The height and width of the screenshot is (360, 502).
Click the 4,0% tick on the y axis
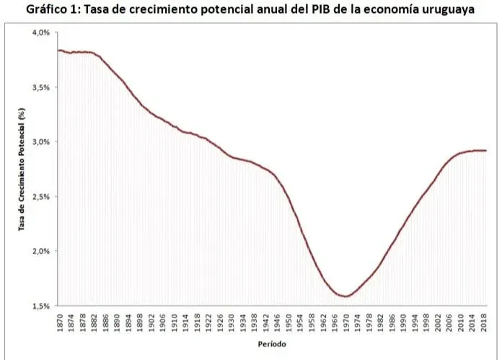(x=40, y=33)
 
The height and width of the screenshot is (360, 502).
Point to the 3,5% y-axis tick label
(x=40, y=87)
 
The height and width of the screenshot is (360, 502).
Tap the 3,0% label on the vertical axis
(x=40, y=142)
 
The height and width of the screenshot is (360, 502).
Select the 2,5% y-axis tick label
(x=40, y=197)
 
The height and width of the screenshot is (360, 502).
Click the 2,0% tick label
(x=40, y=251)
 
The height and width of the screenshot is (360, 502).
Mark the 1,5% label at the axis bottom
(x=40, y=306)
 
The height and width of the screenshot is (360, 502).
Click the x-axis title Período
(x=272, y=344)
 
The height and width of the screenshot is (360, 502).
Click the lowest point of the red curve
(x=346, y=296)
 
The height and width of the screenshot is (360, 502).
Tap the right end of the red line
(x=486, y=150)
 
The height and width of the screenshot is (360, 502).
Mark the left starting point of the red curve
(x=58, y=51)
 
